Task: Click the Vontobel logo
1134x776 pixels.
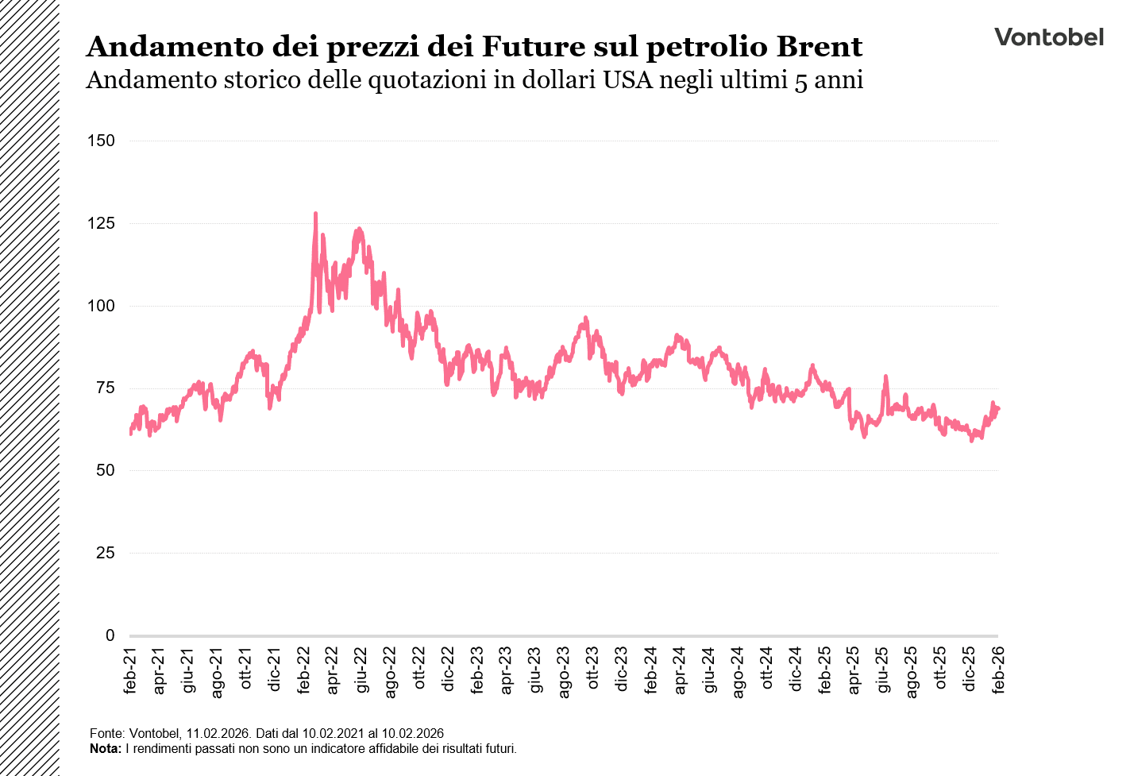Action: tap(1048, 37)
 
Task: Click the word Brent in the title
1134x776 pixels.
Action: tap(819, 47)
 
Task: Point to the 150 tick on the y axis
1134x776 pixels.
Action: tap(102, 141)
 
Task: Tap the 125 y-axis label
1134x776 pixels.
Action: tap(102, 223)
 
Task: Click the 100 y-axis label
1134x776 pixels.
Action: tap(102, 306)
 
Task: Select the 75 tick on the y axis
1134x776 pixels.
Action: tap(105, 388)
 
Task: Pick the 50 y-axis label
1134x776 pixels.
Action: tap(105, 470)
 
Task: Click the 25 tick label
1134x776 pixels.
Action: tap(105, 553)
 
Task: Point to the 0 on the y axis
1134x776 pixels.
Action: tap(110, 635)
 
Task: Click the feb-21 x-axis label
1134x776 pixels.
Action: tap(130, 670)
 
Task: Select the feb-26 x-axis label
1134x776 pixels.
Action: tap(998, 670)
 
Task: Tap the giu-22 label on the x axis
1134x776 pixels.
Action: tap(362, 670)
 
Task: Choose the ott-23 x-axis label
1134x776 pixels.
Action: tap(593, 670)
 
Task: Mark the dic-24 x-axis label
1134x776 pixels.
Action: tap(796, 670)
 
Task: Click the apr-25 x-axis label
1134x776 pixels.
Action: tap(854, 670)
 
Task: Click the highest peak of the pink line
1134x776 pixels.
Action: tap(315, 214)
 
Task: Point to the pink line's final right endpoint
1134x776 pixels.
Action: tap(998, 408)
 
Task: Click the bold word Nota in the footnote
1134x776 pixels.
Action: tap(104, 748)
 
